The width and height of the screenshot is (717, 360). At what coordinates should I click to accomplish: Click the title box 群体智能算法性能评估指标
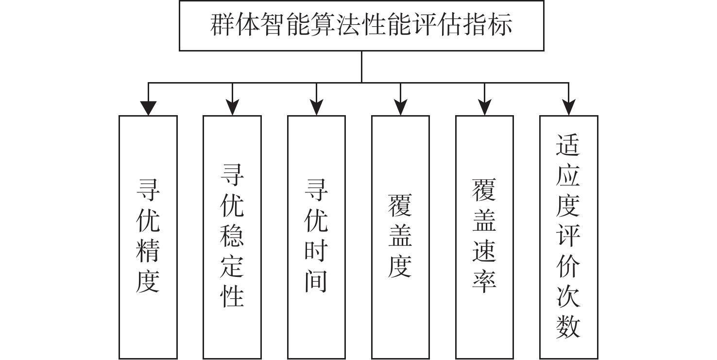(x=361, y=25)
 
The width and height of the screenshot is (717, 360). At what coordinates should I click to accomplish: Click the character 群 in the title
(x=222, y=25)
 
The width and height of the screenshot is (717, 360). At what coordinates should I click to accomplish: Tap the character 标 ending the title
(x=500, y=25)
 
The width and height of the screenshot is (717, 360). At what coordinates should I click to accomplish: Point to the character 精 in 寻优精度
(x=148, y=251)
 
